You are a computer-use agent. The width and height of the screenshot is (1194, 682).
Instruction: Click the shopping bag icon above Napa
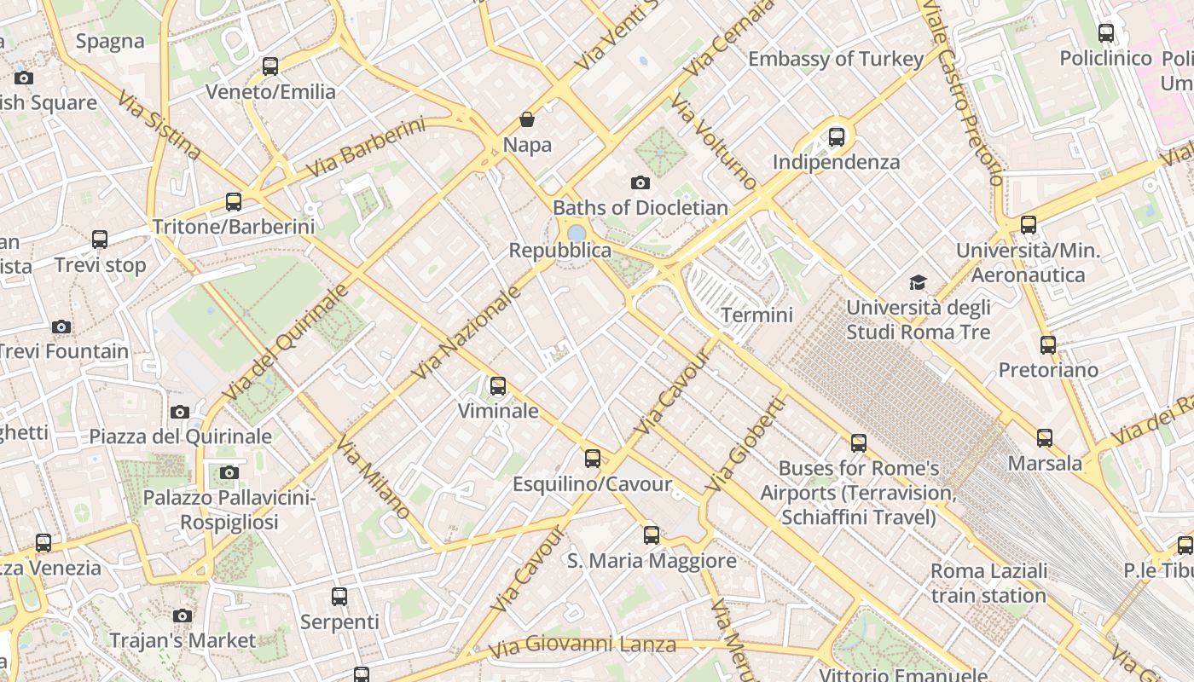coord(527,119)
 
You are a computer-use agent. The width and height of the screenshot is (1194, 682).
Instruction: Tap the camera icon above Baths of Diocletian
coord(640,182)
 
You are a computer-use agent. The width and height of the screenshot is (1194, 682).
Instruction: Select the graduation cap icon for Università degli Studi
coord(918,282)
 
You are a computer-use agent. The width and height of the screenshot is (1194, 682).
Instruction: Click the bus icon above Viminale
coord(498,386)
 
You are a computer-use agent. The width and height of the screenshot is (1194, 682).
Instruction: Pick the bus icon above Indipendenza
coord(836,136)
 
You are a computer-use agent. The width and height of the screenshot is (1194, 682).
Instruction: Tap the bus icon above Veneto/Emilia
coord(270,66)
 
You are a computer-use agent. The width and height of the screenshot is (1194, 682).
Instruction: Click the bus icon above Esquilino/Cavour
coord(593,459)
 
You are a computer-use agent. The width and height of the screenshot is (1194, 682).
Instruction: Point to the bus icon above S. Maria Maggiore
coord(652,535)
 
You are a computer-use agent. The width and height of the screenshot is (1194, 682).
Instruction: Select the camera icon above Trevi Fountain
coord(61,327)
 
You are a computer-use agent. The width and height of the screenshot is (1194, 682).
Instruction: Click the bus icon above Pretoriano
coord(1048,345)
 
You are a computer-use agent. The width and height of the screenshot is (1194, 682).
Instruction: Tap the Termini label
coord(756,315)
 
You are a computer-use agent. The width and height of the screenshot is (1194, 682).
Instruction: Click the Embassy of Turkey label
coord(836,59)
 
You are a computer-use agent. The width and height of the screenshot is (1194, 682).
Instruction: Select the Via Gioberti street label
coord(744,444)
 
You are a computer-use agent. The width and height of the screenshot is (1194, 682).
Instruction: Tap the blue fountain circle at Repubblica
coord(577,233)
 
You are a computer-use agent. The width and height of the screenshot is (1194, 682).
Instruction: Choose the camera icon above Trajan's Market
coord(182,616)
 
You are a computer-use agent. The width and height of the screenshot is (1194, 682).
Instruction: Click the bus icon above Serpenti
coord(339,597)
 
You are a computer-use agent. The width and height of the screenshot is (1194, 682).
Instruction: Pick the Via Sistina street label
coord(159,125)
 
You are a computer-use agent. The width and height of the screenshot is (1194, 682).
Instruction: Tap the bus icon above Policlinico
coord(1106,33)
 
